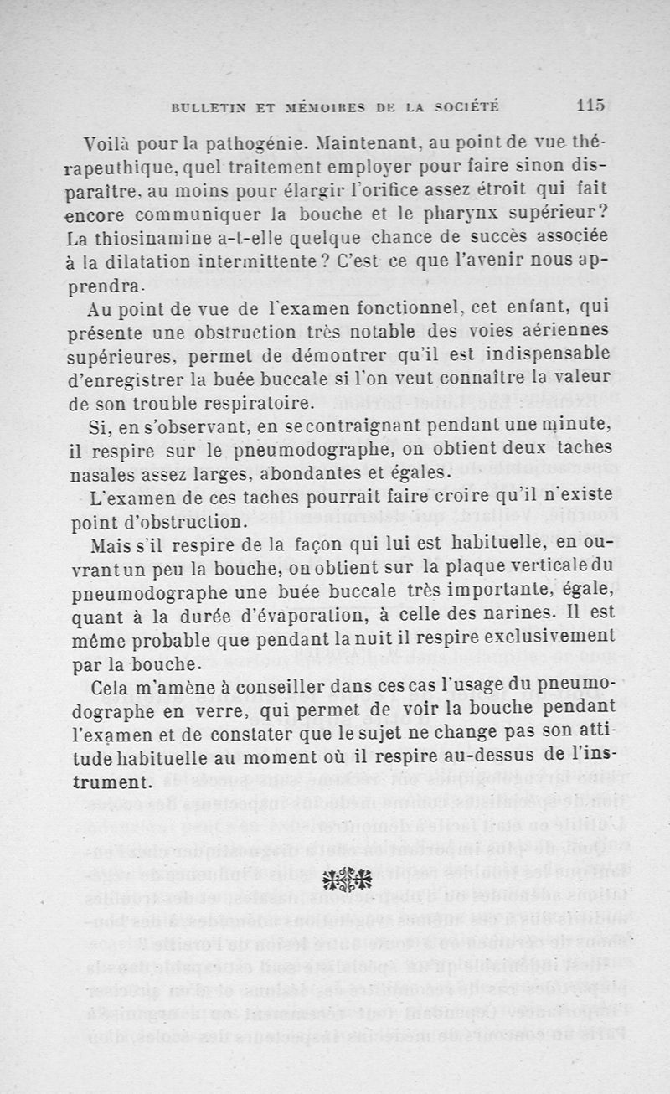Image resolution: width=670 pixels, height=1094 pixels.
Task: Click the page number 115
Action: point(590,106)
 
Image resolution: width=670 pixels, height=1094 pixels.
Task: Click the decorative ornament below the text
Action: point(348,878)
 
